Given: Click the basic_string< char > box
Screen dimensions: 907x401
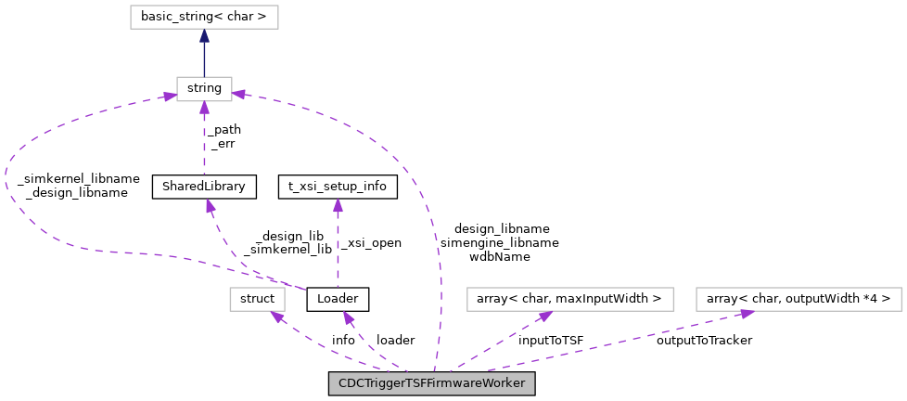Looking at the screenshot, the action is (x=204, y=18).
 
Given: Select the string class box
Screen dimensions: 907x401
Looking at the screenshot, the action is (x=204, y=88).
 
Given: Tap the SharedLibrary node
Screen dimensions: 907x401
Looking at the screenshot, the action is (x=204, y=187).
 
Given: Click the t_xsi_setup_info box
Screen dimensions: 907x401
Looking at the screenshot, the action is (x=338, y=187).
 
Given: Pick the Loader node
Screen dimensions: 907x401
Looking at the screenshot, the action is (x=338, y=299).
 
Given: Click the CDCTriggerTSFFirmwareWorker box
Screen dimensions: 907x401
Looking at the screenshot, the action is (x=431, y=383).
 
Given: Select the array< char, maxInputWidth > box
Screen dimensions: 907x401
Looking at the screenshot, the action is (x=570, y=299).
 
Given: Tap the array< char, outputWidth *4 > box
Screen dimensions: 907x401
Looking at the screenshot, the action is (x=798, y=299).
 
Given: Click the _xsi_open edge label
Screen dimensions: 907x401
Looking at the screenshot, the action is (x=371, y=243).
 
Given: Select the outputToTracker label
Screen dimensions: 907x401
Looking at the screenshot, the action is (x=704, y=341).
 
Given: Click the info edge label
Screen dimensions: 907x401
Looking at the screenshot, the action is (x=343, y=341).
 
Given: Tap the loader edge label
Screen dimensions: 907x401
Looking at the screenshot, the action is (x=396, y=341).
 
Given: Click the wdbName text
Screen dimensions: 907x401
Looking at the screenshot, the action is (x=500, y=256).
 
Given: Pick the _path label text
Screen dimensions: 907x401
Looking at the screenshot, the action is (x=224, y=130).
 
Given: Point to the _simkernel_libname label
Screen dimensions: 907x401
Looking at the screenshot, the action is (x=79, y=179).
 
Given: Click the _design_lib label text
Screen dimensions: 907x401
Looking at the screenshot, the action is (x=289, y=236).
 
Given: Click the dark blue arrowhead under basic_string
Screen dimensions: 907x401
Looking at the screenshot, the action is (x=204, y=35).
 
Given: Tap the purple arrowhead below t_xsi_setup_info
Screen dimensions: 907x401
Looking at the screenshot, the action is (x=338, y=204).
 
